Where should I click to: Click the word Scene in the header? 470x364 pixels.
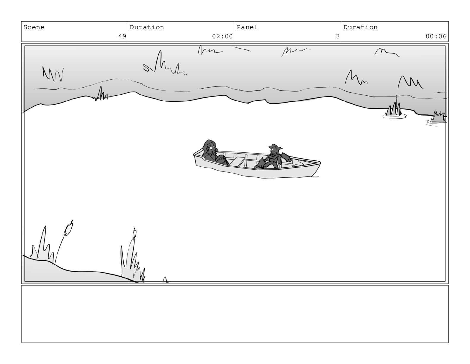(34, 27)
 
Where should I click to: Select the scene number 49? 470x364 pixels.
(122, 36)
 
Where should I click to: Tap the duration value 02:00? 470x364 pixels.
(222, 36)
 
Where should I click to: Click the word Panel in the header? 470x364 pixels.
(247, 27)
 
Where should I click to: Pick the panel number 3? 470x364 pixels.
(338, 36)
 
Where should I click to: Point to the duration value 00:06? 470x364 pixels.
(436, 36)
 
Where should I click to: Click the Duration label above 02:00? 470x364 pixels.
(147, 27)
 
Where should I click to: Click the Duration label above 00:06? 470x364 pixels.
(360, 27)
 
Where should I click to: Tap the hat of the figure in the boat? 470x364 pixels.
(275, 146)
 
